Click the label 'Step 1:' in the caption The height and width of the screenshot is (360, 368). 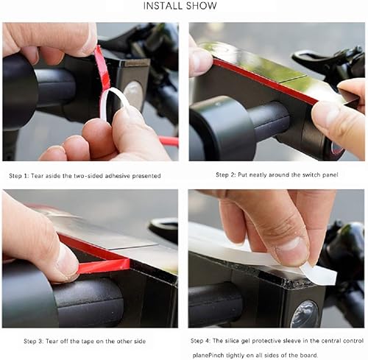[21, 175]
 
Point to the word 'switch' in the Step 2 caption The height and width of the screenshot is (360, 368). [315, 175]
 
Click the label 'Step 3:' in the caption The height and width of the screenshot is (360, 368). [20, 341]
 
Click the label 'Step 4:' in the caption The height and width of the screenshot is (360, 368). [202, 341]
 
